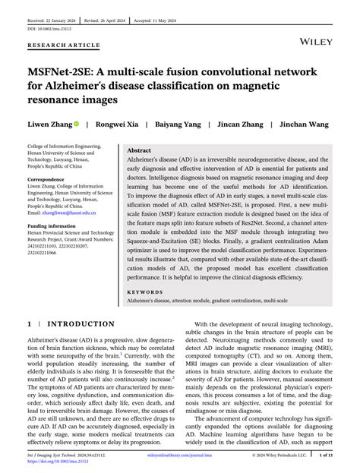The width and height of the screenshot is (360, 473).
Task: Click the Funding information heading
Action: (55, 226)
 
